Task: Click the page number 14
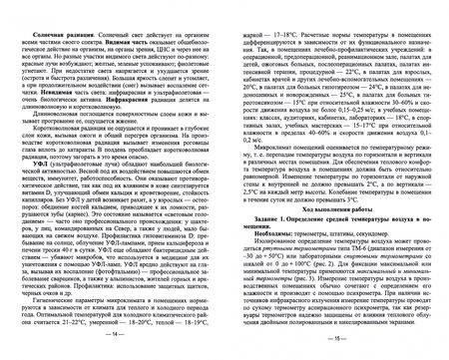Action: [x=113, y=351]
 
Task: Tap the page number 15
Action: [x=336, y=351]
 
